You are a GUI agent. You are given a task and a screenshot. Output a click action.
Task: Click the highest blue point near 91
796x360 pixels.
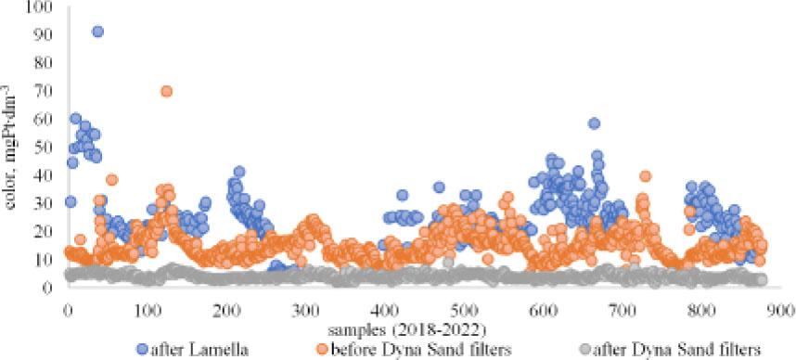click(x=98, y=32)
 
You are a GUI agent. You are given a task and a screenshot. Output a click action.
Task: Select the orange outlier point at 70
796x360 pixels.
click(x=166, y=92)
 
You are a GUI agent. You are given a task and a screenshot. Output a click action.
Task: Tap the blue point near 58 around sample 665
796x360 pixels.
click(x=595, y=123)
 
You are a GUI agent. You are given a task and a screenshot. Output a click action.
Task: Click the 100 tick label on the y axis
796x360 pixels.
click(x=42, y=7)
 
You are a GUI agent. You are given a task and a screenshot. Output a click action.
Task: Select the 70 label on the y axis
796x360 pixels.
click(x=45, y=92)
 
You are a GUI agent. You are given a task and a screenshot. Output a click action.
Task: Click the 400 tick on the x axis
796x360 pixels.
click(x=384, y=310)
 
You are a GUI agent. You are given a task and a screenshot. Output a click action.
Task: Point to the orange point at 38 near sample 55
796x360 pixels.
click(x=112, y=180)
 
